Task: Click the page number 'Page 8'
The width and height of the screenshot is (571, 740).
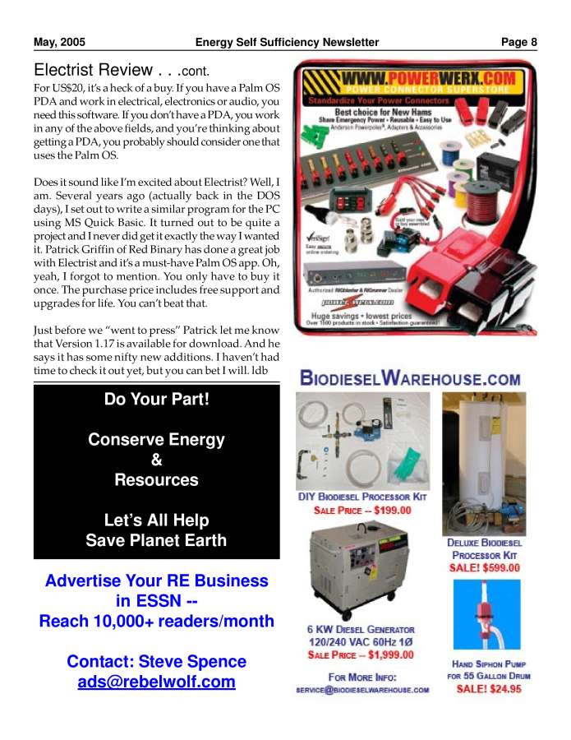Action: (519, 42)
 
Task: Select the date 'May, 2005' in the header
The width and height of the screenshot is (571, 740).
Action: (59, 42)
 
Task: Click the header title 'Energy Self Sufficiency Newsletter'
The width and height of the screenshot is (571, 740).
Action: (287, 42)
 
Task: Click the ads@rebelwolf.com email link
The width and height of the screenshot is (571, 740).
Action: (156, 682)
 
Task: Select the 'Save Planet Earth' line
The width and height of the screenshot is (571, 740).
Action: (156, 541)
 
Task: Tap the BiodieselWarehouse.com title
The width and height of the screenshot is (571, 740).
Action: (410, 379)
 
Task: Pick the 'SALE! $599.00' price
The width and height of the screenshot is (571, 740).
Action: (484, 567)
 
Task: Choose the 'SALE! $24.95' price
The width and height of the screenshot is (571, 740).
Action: (488, 689)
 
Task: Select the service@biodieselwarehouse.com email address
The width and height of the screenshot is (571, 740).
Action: (362, 690)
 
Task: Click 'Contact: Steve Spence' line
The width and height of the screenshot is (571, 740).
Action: (156, 661)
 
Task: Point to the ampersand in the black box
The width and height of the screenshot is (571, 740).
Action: (156, 460)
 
